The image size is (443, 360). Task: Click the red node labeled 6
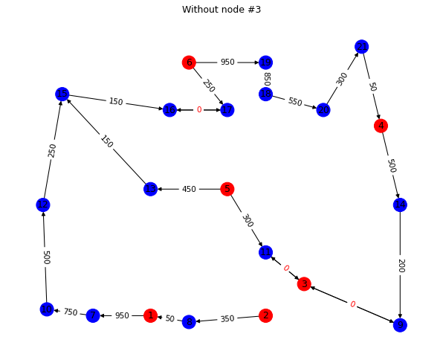[189, 62]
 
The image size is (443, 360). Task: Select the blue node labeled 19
[265, 62]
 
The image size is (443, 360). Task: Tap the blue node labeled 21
[361, 47]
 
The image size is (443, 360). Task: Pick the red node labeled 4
[381, 126]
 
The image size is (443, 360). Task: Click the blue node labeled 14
[400, 205]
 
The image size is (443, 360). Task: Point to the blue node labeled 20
[323, 110]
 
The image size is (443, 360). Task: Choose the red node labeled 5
[227, 189]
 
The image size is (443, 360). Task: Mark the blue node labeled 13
[151, 189]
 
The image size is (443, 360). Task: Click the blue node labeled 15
[62, 94]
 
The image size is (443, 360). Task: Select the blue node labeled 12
[43, 205]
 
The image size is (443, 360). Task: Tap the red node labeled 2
[265, 315]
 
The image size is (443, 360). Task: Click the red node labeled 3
[304, 284]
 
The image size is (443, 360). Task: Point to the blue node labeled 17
[227, 110]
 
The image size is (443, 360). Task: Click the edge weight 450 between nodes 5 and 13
[189, 189]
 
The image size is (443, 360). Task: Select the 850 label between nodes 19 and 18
[266, 78]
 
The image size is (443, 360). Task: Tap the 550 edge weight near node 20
[294, 102]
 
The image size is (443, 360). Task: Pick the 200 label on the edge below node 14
[400, 266]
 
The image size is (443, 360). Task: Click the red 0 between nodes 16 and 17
[198, 110]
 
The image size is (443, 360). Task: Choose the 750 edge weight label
[70, 312]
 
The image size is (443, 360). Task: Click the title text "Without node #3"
[221, 10]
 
